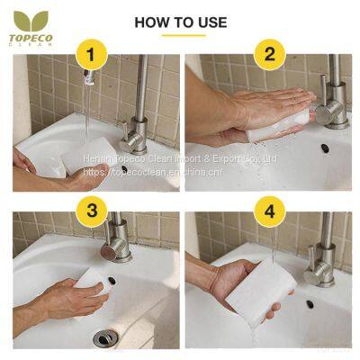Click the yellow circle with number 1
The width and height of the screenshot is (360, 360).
point(88,54)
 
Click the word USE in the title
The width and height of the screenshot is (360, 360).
point(211,22)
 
